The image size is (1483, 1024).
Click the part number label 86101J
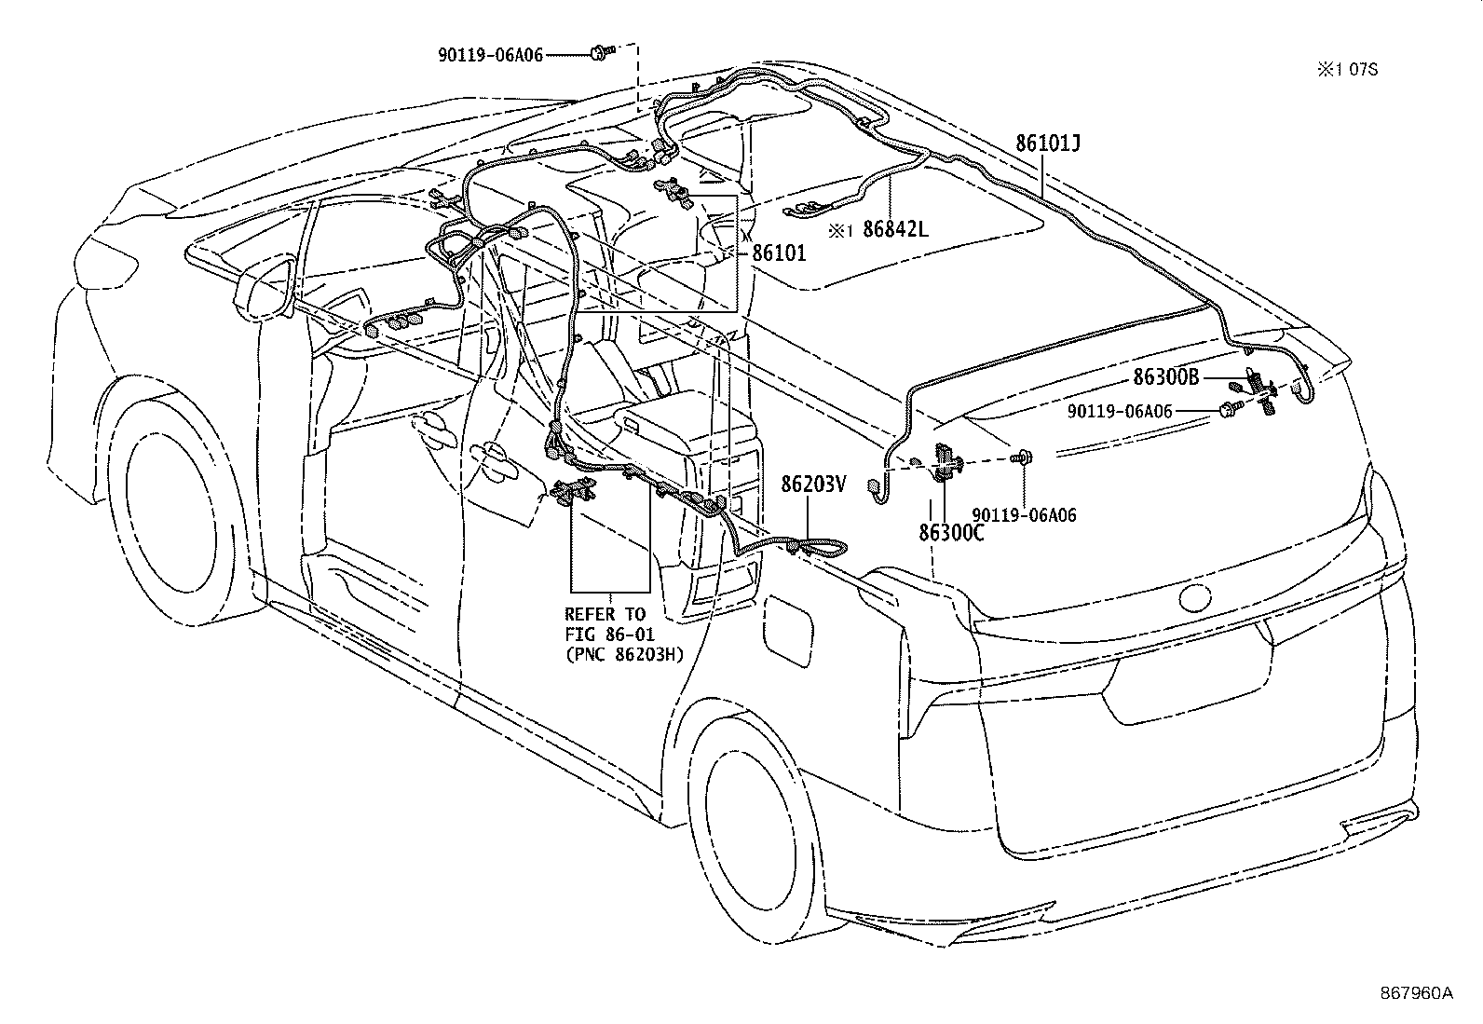click(x=1048, y=144)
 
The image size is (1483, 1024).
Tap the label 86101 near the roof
click(x=779, y=253)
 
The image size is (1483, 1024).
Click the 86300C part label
click(x=952, y=533)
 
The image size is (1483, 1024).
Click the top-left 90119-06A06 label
click(x=491, y=55)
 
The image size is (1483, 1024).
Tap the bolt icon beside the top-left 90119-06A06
click(x=598, y=55)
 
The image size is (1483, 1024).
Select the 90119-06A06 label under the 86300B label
click(x=1121, y=411)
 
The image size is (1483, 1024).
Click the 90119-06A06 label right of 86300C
click(x=1024, y=514)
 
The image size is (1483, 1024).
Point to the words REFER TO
click(x=605, y=614)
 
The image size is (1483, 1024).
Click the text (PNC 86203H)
click(x=624, y=654)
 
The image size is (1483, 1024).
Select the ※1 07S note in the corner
click(x=1346, y=70)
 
